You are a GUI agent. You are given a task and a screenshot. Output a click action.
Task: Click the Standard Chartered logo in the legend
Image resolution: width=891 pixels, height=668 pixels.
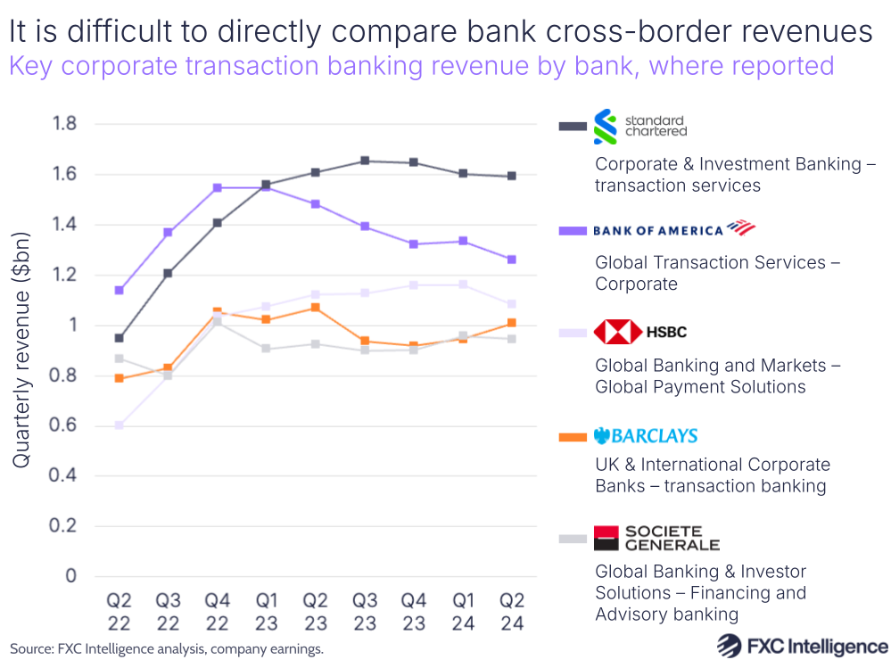(x=639, y=127)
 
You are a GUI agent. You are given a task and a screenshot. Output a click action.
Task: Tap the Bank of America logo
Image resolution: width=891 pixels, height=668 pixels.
(x=673, y=229)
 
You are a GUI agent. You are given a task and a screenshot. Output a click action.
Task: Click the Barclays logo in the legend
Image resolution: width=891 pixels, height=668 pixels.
(x=647, y=435)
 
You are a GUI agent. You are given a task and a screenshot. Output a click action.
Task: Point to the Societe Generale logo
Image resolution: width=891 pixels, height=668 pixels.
(x=656, y=538)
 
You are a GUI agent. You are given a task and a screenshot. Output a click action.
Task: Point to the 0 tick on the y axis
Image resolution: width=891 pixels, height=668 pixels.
(x=70, y=576)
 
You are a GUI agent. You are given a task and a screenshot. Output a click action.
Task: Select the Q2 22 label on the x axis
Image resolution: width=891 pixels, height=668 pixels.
(x=119, y=611)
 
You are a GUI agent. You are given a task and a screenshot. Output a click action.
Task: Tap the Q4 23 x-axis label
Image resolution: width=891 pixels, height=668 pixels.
(x=414, y=611)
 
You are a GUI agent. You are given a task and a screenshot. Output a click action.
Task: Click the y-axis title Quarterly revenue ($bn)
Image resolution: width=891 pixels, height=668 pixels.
(x=21, y=350)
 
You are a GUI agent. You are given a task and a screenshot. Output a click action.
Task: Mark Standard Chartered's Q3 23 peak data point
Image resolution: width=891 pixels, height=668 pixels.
(x=365, y=161)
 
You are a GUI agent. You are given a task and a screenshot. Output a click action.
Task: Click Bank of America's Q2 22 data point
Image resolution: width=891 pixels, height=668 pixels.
(x=119, y=290)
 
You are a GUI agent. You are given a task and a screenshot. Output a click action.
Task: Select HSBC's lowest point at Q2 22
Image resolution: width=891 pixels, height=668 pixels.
(x=119, y=425)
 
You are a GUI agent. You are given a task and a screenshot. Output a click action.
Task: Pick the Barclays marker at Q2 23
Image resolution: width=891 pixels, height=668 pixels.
(x=316, y=308)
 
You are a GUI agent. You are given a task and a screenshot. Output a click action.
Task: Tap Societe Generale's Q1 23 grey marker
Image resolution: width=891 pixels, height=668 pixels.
(x=267, y=349)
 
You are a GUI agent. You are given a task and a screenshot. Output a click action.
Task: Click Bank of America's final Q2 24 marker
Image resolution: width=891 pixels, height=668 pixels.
(x=511, y=260)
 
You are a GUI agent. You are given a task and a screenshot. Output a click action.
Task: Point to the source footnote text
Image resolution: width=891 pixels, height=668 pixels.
(x=166, y=649)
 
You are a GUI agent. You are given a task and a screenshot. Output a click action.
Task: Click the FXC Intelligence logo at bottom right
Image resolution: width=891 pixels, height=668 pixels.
(x=802, y=647)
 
